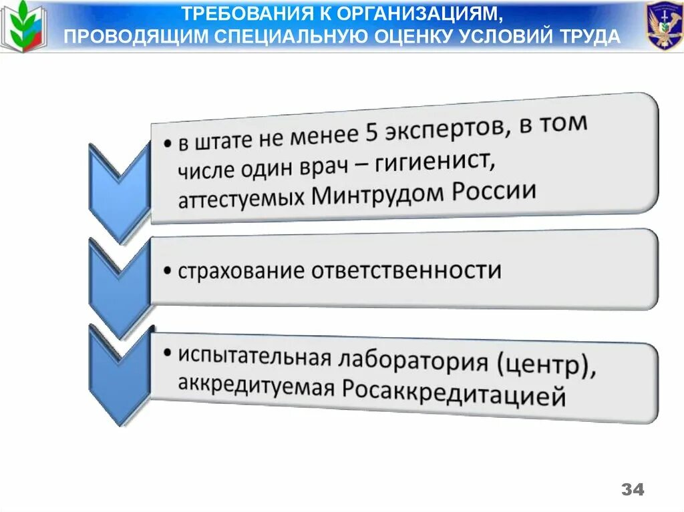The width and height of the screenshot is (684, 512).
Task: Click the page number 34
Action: [633, 489]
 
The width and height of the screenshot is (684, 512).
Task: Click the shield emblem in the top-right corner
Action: [663, 26]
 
